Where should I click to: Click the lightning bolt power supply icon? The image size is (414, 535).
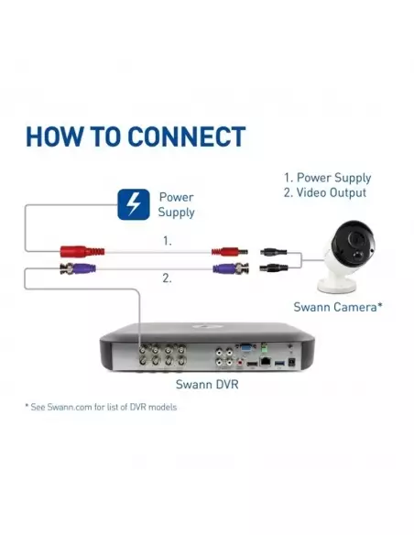coord(134,204)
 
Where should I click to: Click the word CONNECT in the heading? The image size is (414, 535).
coord(187,136)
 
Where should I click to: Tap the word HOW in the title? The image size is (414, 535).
coord(54,136)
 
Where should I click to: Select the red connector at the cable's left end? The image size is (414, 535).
coord(82,251)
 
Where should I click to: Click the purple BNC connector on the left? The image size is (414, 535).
coord(78,268)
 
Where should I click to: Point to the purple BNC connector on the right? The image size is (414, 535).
coord(231,268)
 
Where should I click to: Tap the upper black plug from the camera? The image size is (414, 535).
coord(273,253)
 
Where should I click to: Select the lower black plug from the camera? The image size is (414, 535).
coord(273,267)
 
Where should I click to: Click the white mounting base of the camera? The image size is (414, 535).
coord(337,284)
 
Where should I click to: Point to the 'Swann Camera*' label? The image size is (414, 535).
coord(338,307)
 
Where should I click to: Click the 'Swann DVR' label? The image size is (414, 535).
coord(207,384)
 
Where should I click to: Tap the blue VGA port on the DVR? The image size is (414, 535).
coord(246,348)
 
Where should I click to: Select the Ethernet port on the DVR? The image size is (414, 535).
coord(266,361)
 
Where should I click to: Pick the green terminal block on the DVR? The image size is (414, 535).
coord(263,349)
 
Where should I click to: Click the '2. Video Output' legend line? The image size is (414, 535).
coord(324,192)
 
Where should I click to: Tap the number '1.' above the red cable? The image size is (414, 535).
coord(167,241)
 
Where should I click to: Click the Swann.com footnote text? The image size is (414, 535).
coord(101,407)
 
